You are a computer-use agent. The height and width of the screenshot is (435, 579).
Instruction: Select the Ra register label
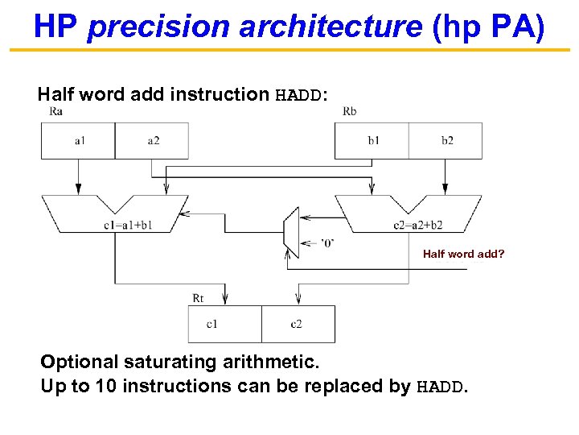coord(55,111)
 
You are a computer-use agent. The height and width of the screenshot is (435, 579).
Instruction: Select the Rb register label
coord(350,111)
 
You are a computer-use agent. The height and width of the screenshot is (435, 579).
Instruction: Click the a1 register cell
coord(79,141)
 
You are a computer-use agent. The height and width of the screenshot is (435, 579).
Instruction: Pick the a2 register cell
coord(153,141)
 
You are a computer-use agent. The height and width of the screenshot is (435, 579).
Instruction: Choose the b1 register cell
coord(373,141)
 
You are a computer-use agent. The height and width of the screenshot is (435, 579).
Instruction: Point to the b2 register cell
coord(446,141)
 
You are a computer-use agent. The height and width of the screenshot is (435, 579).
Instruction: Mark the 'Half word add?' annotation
coord(463,254)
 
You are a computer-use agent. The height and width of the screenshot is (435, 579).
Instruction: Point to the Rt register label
coord(199,298)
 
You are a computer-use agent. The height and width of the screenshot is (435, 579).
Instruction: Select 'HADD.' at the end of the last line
coord(441,387)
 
